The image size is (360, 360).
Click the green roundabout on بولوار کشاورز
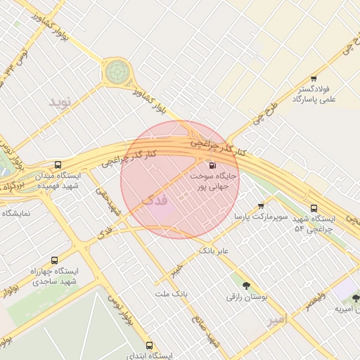click(x=117, y=71)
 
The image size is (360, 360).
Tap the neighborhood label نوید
click(x=60, y=102)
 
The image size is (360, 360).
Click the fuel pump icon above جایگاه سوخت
click(x=212, y=165)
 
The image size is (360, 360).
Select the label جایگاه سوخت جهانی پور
click(x=215, y=182)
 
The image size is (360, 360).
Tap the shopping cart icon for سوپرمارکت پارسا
click(x=262, y=206)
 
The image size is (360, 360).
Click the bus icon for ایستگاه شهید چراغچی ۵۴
click(x=314, y=208)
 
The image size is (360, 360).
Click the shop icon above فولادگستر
click(x=313, y=78)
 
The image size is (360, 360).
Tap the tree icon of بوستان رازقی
click(x=246, y=285)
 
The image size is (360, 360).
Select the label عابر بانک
click(x=215, y=250)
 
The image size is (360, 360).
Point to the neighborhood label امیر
click(x=278, y=320)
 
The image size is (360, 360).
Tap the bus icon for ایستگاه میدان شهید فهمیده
click(x=58, y=164)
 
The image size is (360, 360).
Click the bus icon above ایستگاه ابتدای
click(x=149, y=345)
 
